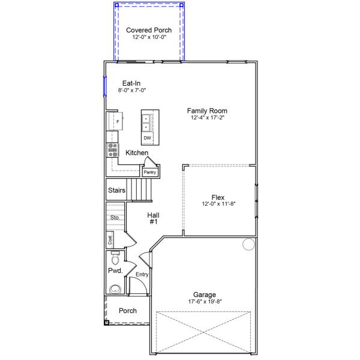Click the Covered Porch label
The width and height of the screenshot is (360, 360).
point(149,30)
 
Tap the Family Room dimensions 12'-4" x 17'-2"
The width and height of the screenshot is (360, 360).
point(208,118)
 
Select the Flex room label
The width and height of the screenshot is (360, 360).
point(218,197)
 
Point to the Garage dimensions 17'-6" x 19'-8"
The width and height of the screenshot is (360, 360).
point(205,301)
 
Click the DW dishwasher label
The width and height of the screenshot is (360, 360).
point(147,138)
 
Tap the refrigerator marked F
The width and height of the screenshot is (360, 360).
point(115,121)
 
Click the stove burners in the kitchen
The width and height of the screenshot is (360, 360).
point(113,150)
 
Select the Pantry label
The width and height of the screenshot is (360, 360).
point(149,172)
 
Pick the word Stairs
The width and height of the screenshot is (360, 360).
point(116,190)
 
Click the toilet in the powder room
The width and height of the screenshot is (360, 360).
point(115,258)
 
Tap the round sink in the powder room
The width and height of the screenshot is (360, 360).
point(115,289)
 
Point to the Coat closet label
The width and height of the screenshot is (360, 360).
point(110,240)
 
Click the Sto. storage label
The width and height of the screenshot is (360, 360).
point(115,217)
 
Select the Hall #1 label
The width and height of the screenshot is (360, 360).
point(154,218)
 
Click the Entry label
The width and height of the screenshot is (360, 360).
point(142,274)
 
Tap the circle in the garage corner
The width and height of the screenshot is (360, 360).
point(248,244)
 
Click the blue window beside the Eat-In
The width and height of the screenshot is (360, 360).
point(105,86)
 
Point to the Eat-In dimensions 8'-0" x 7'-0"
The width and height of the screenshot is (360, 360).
point(132,90)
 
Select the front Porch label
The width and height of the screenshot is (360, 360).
point(128,311)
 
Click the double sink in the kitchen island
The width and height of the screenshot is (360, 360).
point(146,123)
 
